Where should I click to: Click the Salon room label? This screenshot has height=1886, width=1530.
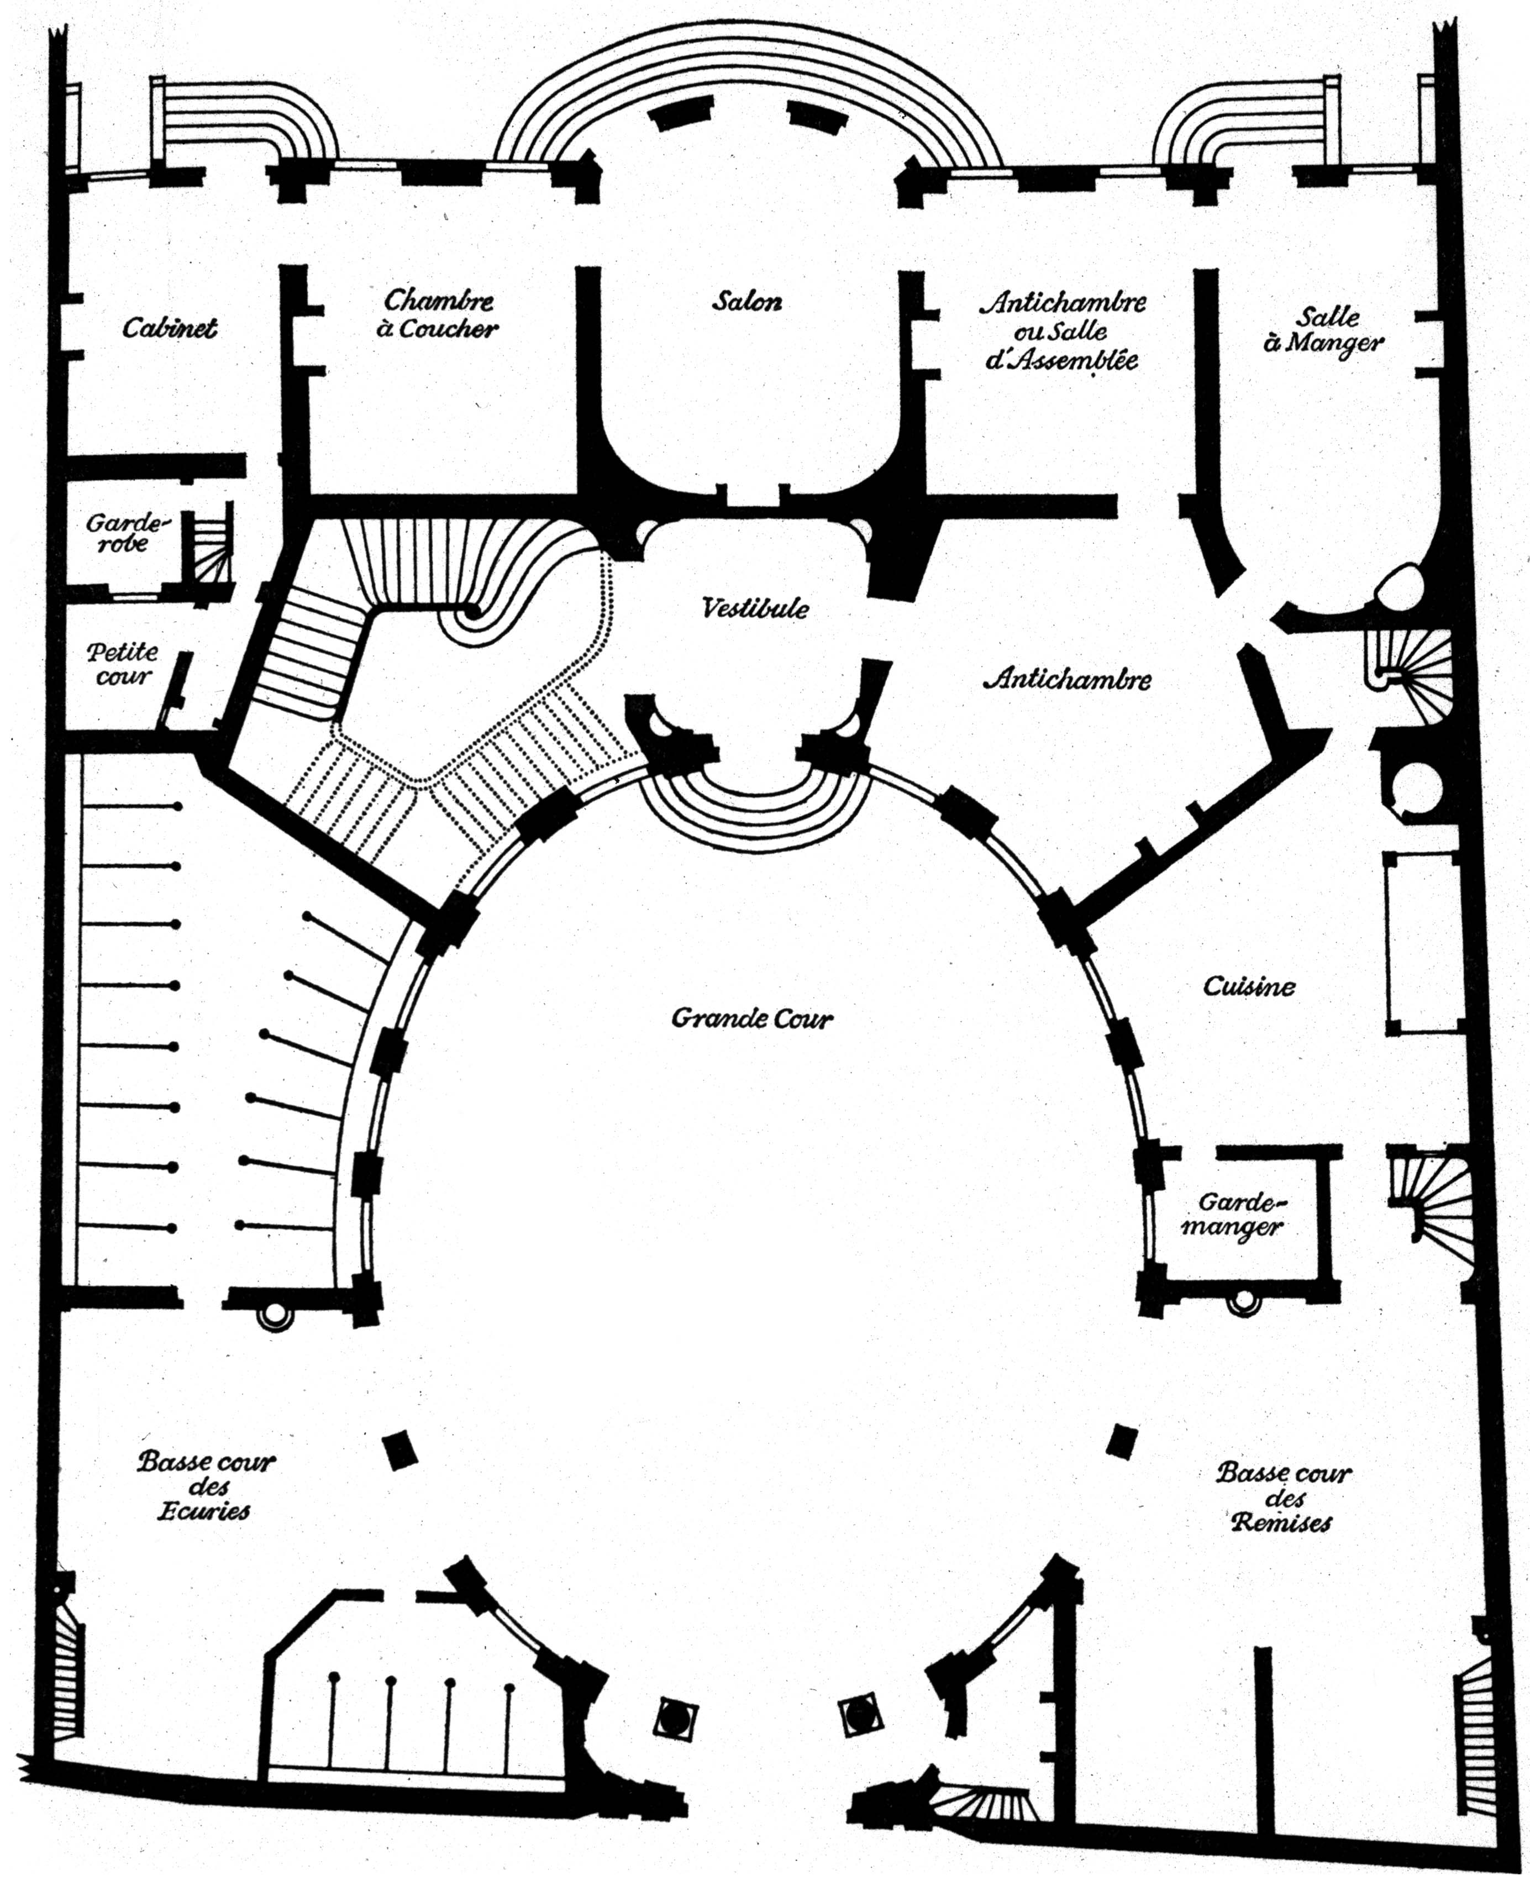click(746, 301)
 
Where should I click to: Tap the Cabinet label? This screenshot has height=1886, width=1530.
click(169, 328)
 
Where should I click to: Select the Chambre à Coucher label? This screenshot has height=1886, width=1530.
click(438, 314)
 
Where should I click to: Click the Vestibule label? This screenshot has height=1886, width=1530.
click(755, 608)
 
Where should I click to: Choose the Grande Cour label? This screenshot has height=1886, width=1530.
click(752, 1019)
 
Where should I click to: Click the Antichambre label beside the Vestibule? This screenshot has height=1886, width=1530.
click(1072, 680)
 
